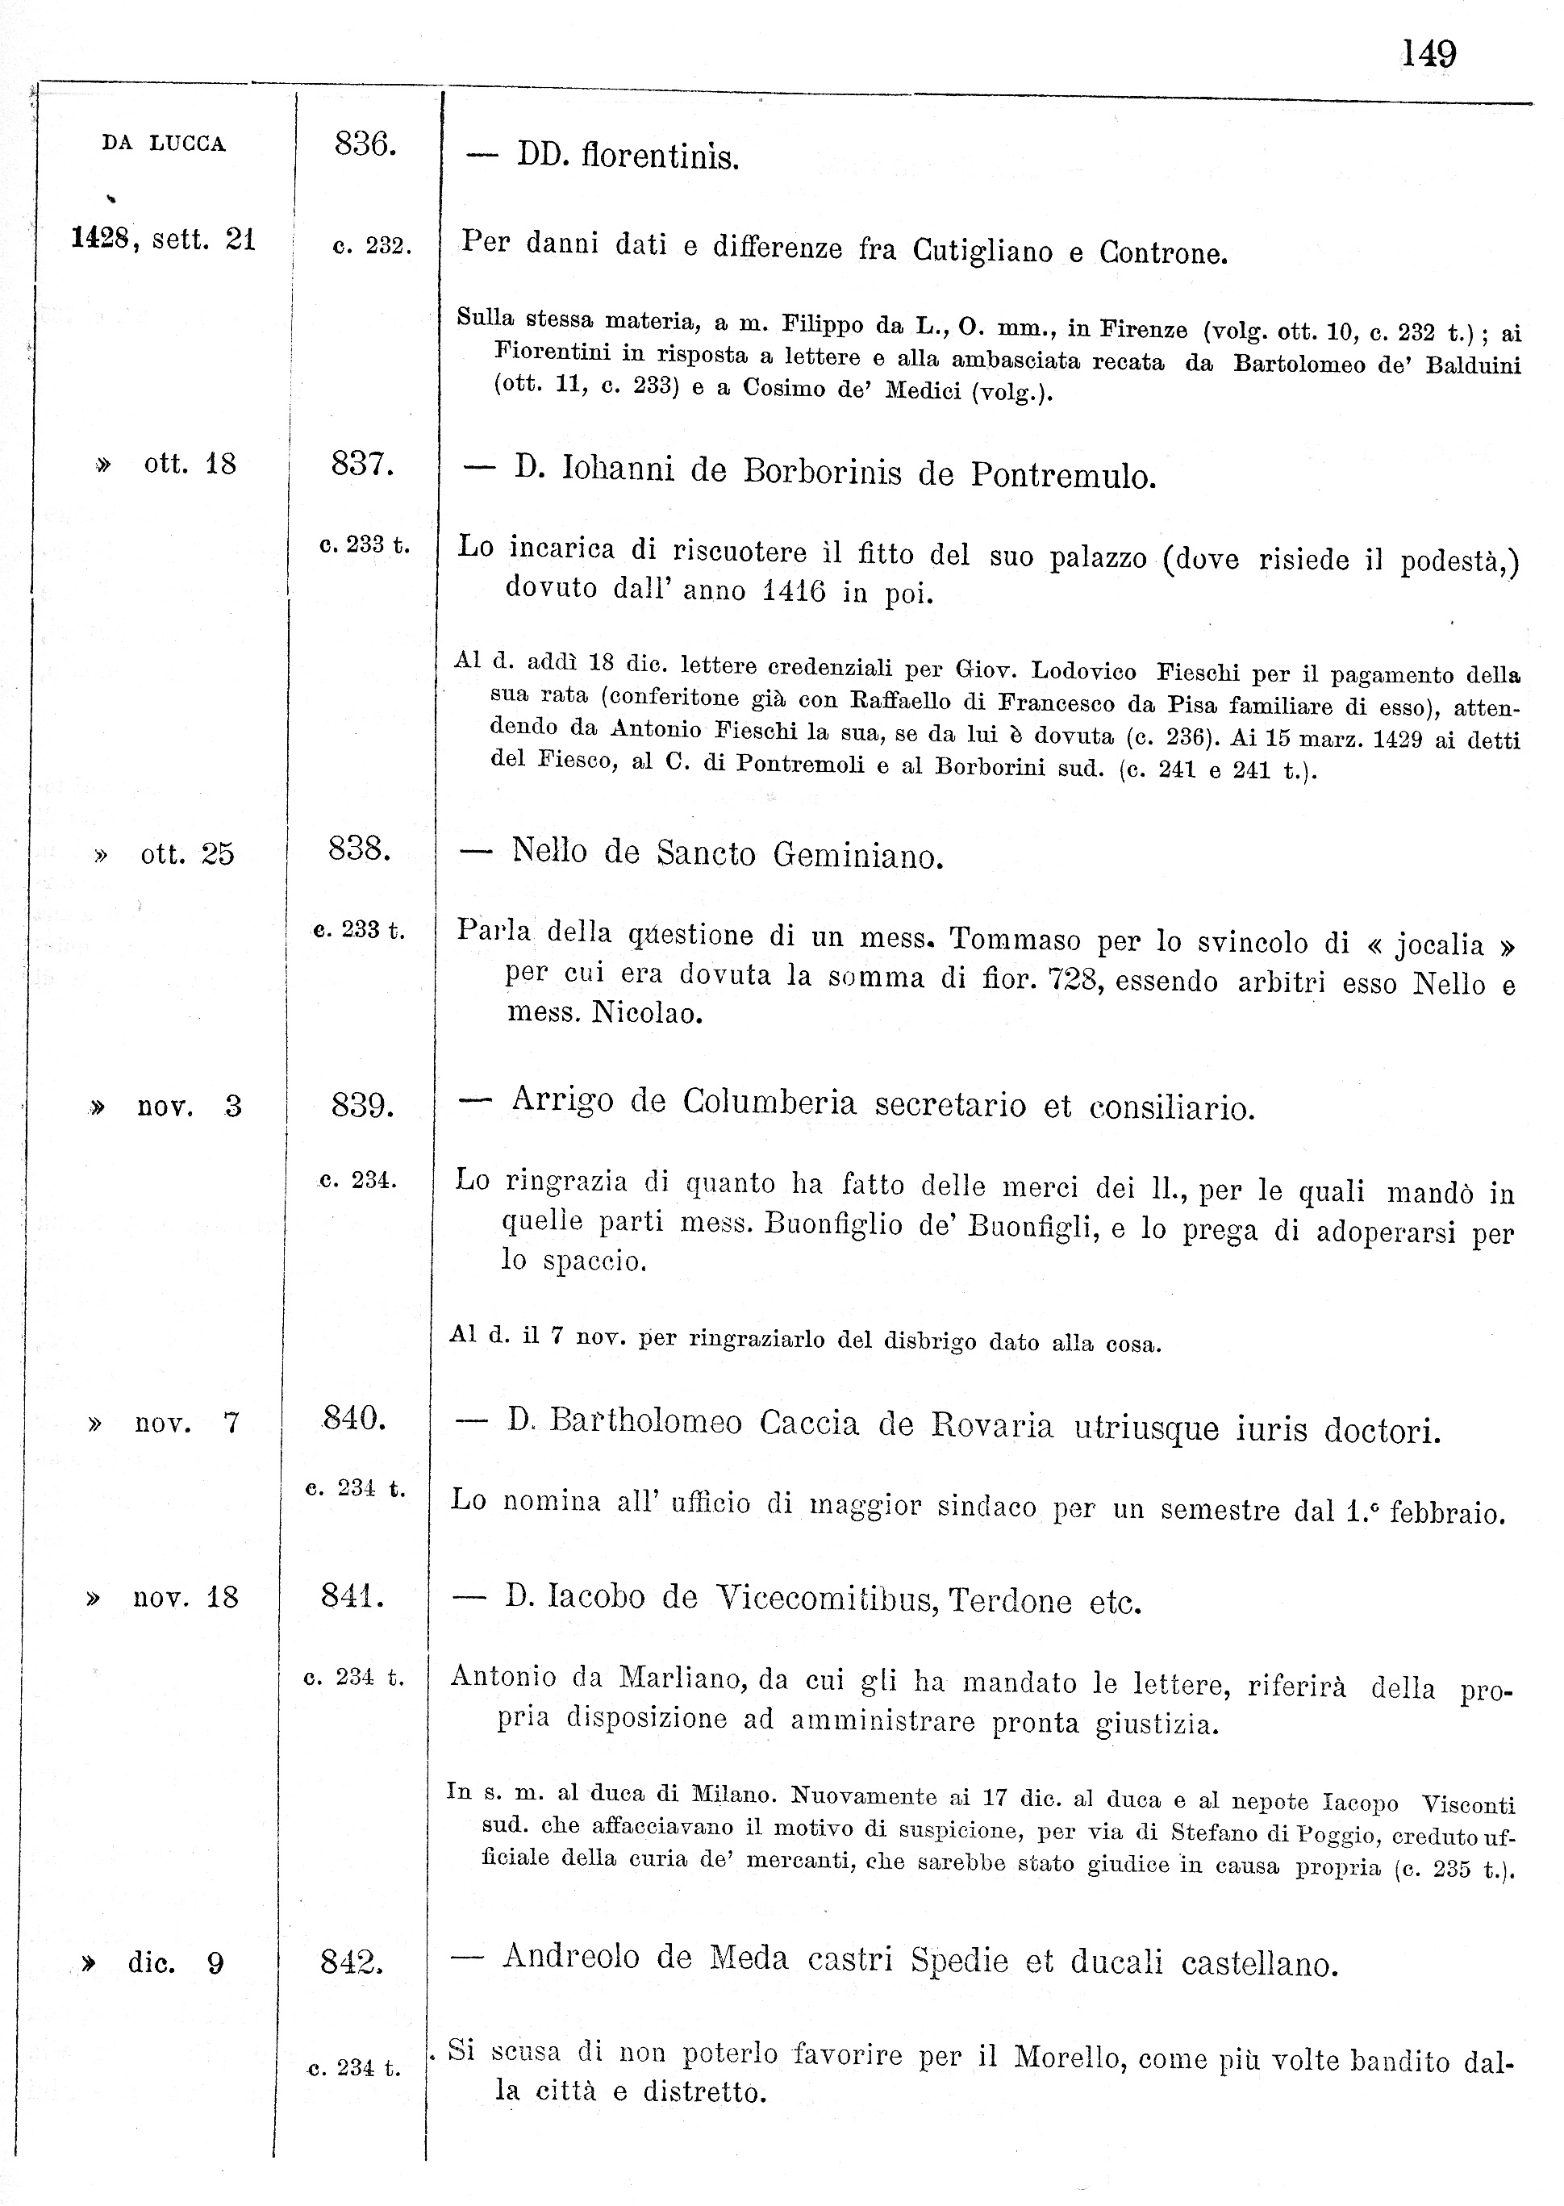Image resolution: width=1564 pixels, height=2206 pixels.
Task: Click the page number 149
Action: (x=1428, y=54)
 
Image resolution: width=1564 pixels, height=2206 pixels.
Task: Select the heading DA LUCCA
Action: (x=164, y=144)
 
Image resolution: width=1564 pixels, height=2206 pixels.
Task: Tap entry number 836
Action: (x=365, y=144)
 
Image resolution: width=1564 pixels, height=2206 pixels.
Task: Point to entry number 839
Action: (x=362, y=1105)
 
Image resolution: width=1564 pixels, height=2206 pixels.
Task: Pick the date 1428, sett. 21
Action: (x=164, y=239)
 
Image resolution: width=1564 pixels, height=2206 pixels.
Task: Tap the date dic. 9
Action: (x=175, y=1963)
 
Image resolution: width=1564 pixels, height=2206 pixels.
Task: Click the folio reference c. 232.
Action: (x=372, y=247)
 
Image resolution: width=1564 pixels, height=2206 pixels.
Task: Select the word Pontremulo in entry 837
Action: (x=1062, y=476)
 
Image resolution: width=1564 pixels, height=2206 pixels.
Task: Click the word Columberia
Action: (x=769, y=1103)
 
